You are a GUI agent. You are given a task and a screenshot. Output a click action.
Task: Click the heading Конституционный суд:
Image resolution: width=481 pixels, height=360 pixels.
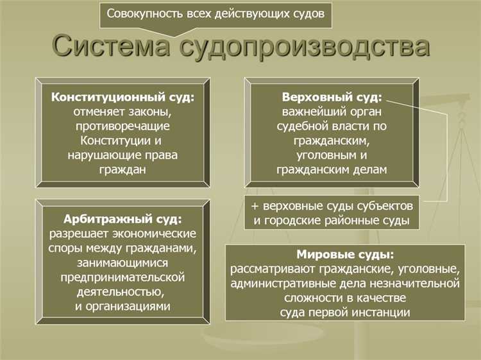click(x=123, y=98)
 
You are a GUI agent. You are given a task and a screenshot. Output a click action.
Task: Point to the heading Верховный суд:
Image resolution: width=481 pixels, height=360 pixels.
click(x=332, y=98)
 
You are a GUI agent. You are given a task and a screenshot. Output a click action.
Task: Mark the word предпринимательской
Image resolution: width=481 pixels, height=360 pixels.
click(x=123, y=277)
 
